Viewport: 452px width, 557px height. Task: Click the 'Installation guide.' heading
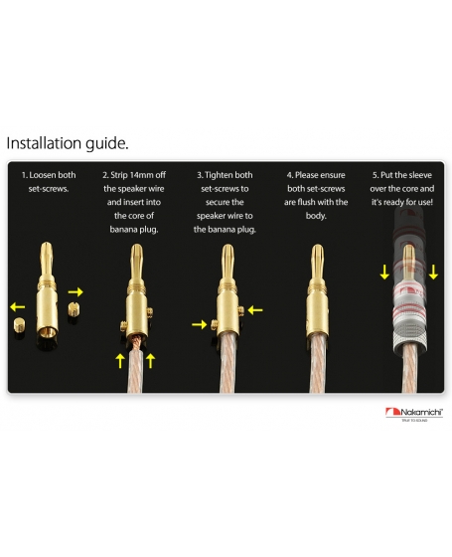tap(68, 143)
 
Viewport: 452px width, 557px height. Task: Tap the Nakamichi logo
tap(414, 414)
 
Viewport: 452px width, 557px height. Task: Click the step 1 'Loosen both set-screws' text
tap(49, 181)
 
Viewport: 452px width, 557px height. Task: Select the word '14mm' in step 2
tap(141, 175)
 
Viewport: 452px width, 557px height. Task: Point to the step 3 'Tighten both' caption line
tap(225, 175)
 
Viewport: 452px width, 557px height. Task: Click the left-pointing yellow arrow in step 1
tap(18, 306)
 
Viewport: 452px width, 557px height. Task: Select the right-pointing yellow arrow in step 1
tap(75, 292)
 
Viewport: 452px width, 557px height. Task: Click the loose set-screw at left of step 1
tap(19, 324)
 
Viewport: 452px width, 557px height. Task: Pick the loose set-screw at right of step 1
tap(74, 309)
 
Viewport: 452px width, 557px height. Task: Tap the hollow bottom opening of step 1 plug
tap(48, 333)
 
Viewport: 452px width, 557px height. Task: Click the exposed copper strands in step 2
tap(136, 342)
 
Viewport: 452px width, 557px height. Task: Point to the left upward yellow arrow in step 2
tap(120, 360)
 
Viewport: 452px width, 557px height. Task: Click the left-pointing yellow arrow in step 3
tap(255, 310)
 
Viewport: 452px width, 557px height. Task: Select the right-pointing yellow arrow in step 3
tap(199, 324)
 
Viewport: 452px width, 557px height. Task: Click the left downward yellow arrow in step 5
tap(384, 272)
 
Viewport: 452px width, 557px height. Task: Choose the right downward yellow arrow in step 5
tap(433, 272)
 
